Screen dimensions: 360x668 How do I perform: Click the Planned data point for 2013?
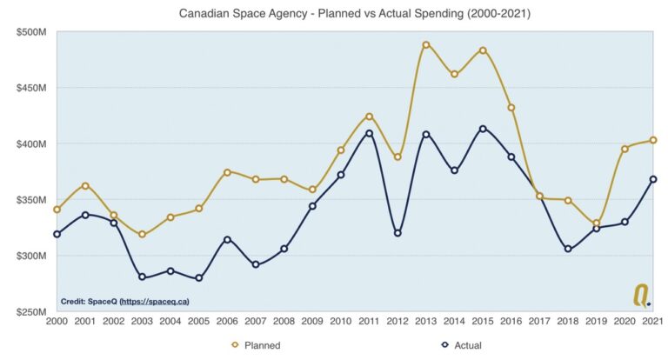426,44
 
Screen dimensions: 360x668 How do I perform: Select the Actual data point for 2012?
397,233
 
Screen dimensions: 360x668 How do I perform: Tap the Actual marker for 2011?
370,133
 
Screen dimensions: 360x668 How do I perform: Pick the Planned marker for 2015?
483,50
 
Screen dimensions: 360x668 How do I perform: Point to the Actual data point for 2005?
199,278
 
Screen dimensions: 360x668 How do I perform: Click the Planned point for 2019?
597,223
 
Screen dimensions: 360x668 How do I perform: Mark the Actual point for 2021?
653,179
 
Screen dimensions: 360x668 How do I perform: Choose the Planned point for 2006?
227,172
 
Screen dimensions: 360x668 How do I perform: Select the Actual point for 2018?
568,249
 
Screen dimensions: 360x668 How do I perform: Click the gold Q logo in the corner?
641,297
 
